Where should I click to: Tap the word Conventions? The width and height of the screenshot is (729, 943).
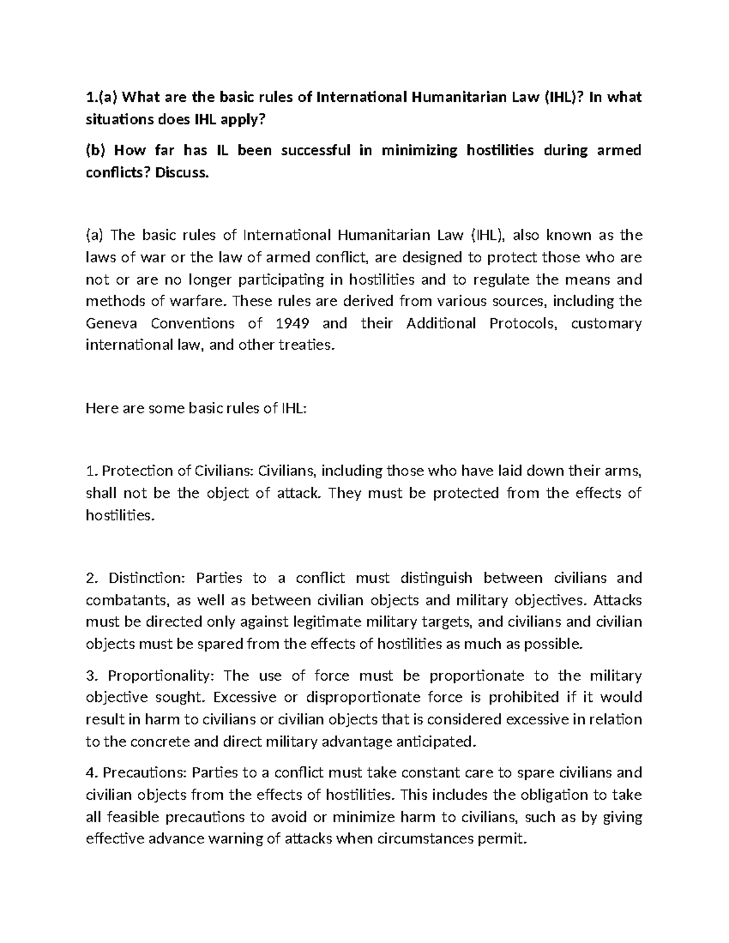pyautogui.click(x=193, y=324)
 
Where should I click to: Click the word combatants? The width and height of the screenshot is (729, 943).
pyautogui.click(x=126, y=601)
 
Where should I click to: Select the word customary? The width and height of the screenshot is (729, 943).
pyautogui.click(x=607, y=324)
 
